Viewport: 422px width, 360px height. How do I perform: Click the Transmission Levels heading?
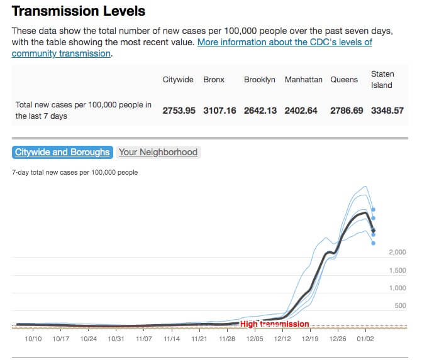[x=79, y=11]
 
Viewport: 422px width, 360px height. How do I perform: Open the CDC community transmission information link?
[x=284, y=42]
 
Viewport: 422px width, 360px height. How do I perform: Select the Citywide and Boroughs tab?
[x=62, y=152]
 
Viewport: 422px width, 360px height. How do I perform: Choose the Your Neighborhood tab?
[x=158, y=152]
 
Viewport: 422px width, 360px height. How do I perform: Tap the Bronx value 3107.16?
[x=219, y=111]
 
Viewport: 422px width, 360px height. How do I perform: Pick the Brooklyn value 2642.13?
[x=260, y=111]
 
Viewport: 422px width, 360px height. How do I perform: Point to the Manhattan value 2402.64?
[x=301, y=111]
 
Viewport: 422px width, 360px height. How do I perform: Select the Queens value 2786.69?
[x=347, y=111]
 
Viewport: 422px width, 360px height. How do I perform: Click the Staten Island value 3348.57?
[x=387, y=111]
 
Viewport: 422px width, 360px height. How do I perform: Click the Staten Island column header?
[x=382, y=80]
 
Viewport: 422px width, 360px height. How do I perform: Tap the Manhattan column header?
[x=303, y=80]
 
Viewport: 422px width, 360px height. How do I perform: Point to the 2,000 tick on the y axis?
[x=397, y=253]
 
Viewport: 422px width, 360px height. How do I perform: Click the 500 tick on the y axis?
[x=400, y=306]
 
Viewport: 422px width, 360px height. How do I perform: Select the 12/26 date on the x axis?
[x=338, y=339]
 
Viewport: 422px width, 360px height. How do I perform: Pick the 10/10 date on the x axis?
[x=33, y=339]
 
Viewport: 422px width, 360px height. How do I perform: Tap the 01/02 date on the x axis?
[x=365, y=339]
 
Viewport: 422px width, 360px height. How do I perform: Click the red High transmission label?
[x=275, y=324]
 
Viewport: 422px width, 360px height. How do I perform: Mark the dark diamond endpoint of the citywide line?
[x=374, y=231]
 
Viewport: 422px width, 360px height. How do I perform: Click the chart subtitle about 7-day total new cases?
[x=75, y=172]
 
